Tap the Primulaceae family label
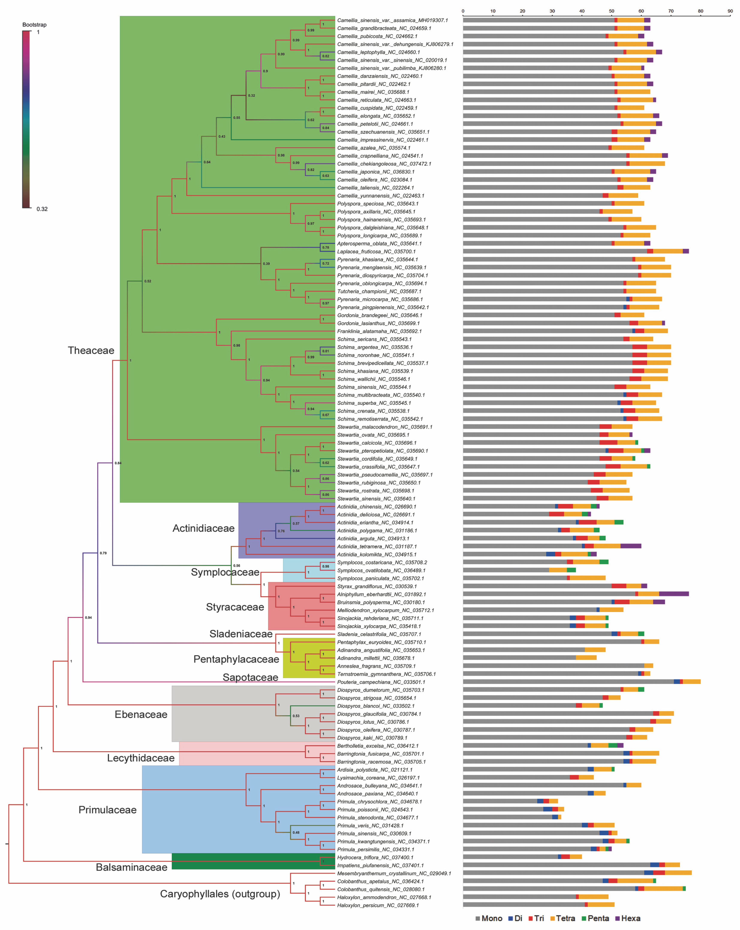point(107,810)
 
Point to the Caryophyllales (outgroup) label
point(220,894)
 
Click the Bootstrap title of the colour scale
point(35,25)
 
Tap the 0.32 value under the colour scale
point(42,209)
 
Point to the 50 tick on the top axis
point(612,11)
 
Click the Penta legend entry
point(598,918)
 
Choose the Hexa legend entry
point(630,918)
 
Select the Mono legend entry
point(492,918)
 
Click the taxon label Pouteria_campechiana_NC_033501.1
point(381,682)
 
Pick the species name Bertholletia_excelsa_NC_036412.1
point(378,746)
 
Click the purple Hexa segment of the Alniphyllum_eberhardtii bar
point(674,594)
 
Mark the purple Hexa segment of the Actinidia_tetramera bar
point(630,546)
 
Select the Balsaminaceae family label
point(132,867)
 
